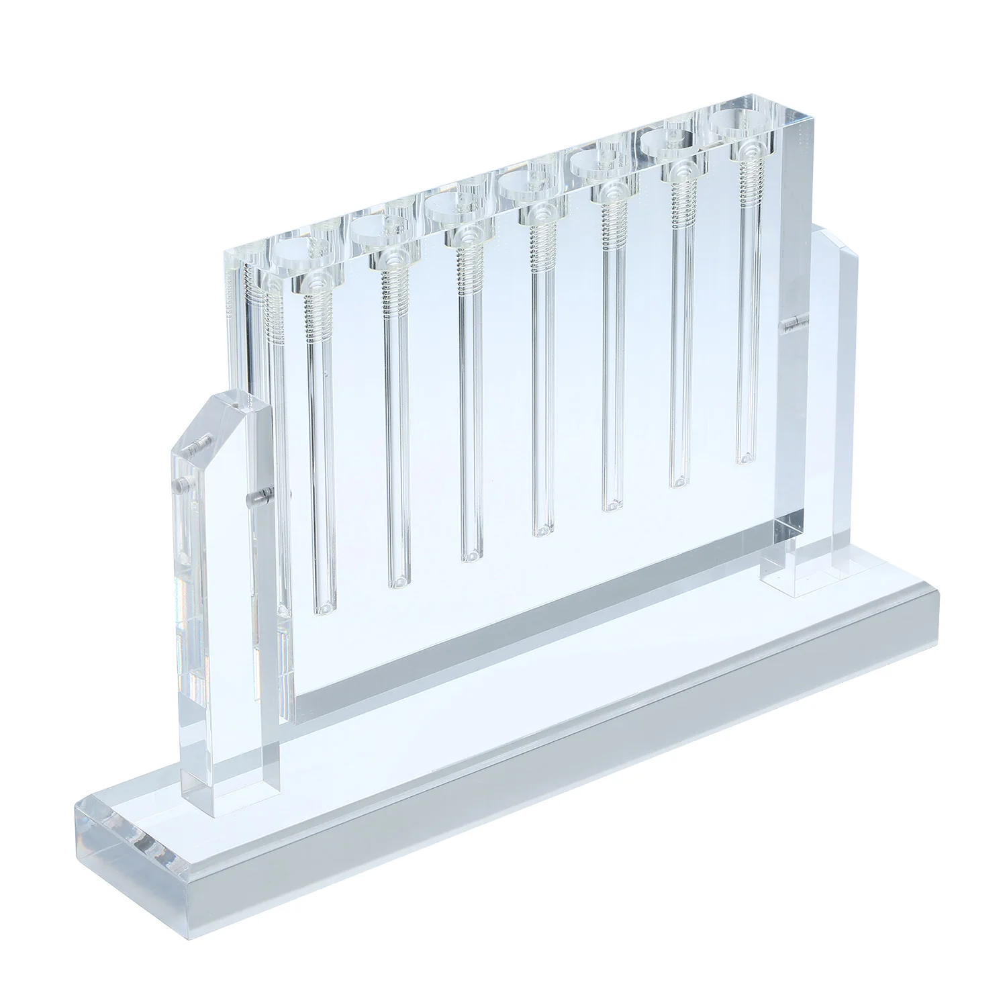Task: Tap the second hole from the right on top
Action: click(x=668, y=141)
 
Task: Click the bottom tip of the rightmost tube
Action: click(x=743, y=459)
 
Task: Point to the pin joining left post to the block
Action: click(x=257, y=498)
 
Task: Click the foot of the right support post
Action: click(x=799, y=581)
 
